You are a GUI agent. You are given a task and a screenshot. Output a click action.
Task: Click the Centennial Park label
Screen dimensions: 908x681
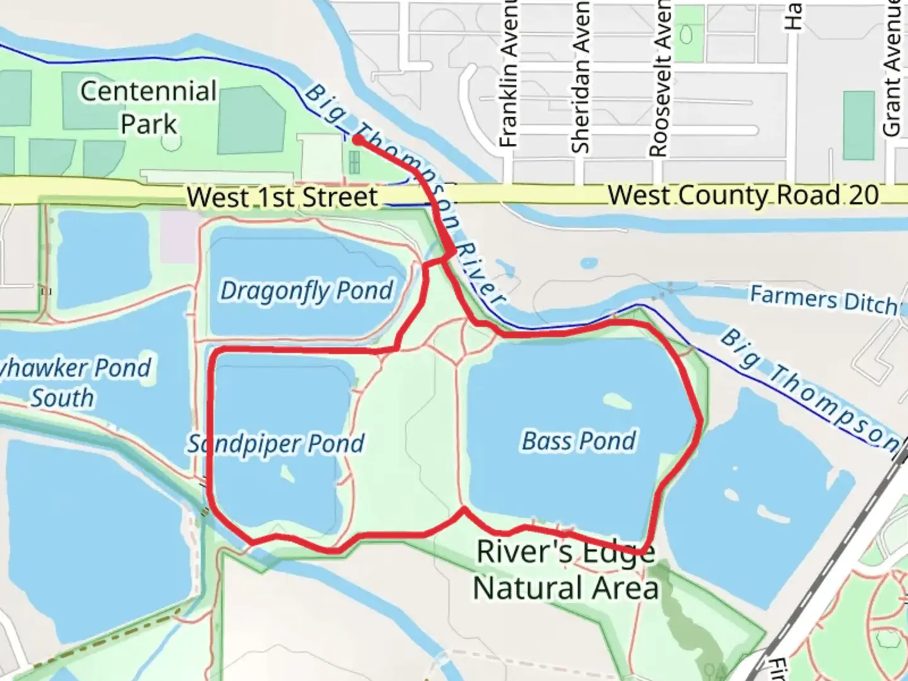tap(149, 107)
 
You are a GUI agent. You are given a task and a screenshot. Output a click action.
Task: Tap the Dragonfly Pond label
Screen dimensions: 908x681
tap(306, 291)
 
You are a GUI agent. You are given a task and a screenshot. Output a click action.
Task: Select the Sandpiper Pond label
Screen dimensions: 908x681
tap(276, 443)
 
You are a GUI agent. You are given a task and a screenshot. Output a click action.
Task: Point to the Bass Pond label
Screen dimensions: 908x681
tap(579, 441)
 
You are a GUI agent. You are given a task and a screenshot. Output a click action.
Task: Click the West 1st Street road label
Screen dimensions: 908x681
tap(282, 197)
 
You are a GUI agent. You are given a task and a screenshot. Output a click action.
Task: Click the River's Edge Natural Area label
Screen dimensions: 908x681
tap(566, 570)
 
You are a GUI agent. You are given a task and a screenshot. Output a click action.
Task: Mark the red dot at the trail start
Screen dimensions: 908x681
tap(358, 140)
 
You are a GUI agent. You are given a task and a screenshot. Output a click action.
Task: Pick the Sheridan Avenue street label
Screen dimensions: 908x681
tap(579, 76)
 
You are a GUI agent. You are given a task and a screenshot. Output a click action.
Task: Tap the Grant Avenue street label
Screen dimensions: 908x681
tap(892, 67)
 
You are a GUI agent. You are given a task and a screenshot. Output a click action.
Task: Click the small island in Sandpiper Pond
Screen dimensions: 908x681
tap(286, 473)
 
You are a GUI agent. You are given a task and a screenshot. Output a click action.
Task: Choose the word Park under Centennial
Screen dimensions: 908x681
tap(149, 124)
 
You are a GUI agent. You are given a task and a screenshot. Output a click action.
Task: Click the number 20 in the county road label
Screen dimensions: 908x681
tap(863, 195)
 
